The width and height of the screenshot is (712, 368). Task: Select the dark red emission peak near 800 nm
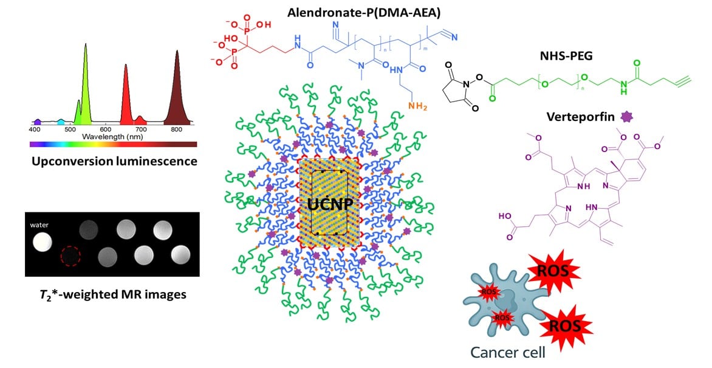pyautogui.click(x=177, y=91)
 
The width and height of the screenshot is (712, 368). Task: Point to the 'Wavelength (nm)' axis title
pyautogui.click(x=111, y=137)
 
